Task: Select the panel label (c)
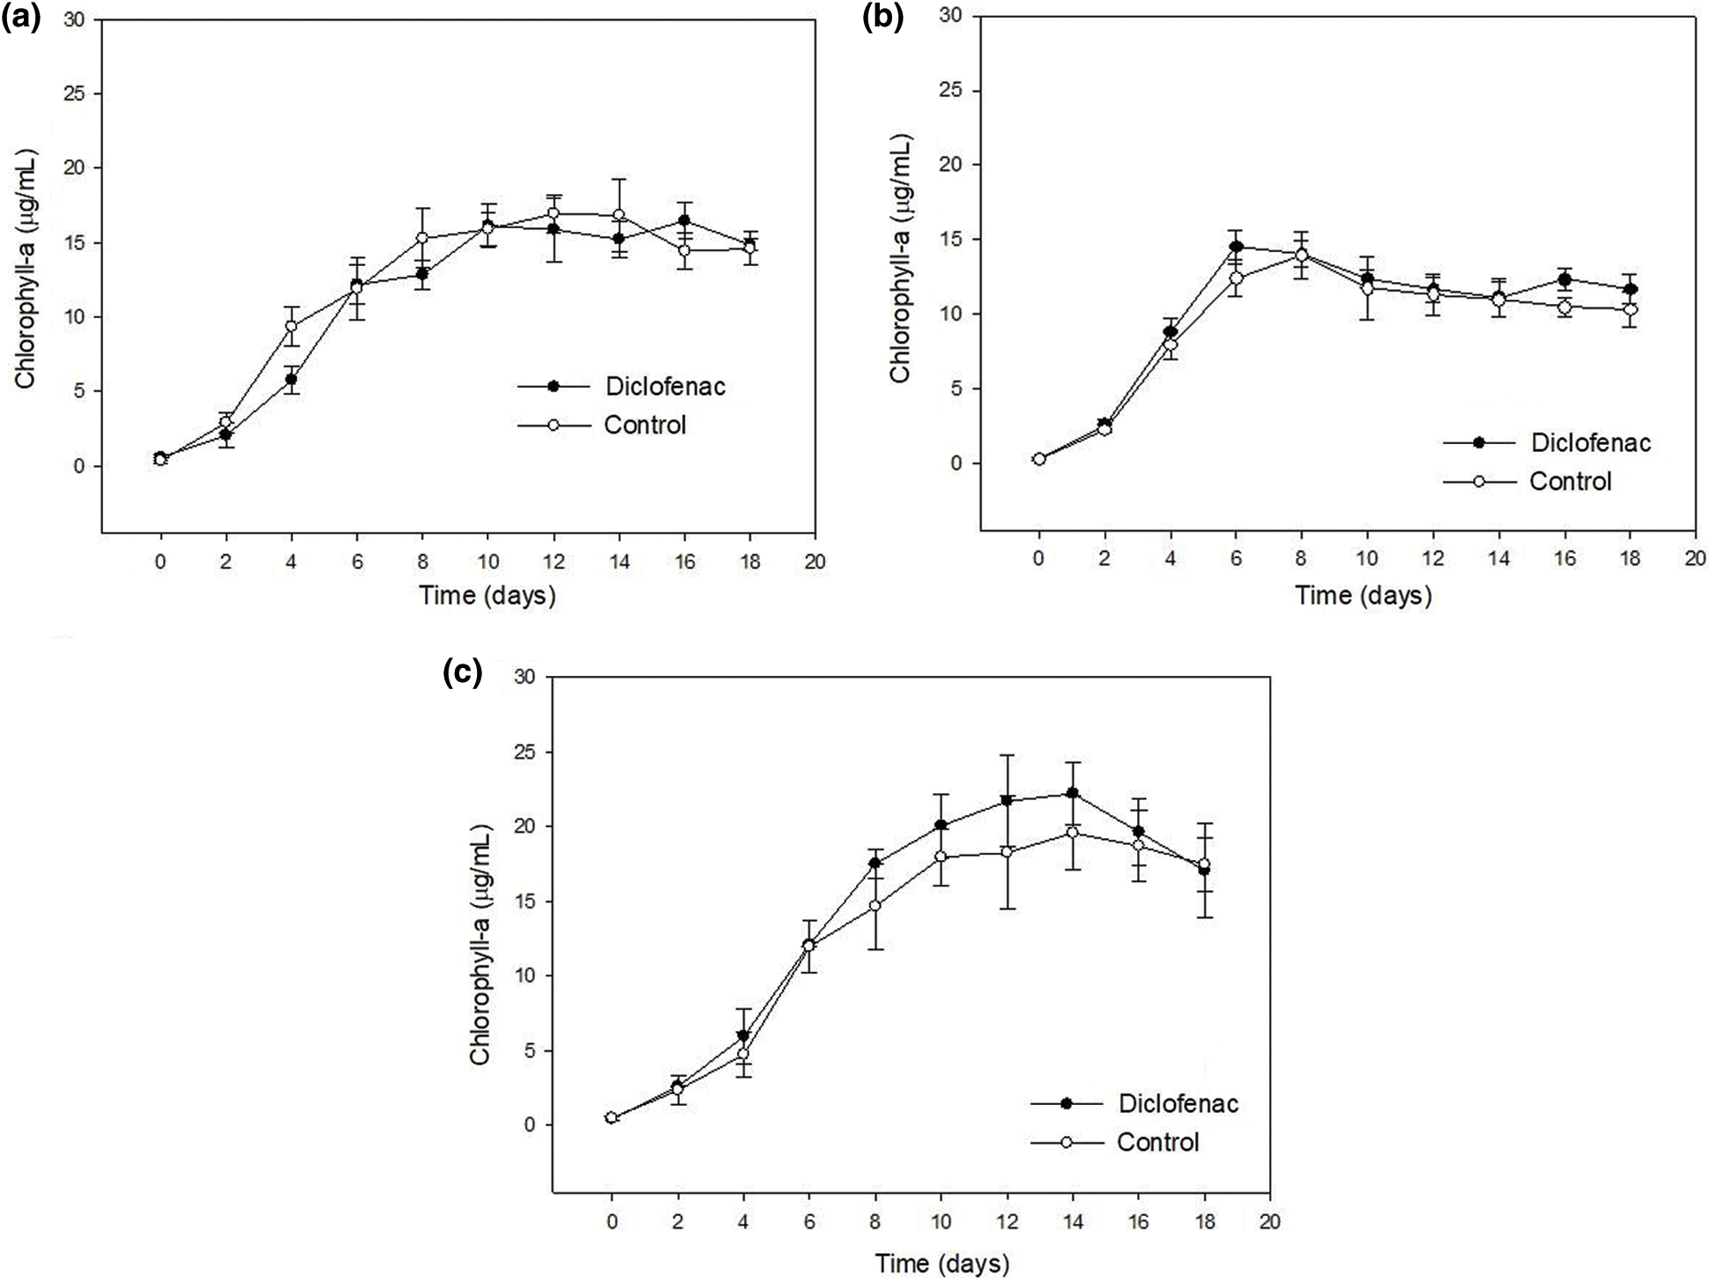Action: click(462, 673)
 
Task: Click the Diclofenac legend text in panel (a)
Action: click(666, 386)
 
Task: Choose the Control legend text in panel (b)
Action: click(1571, 481)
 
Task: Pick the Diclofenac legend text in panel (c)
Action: click(1179, 1103)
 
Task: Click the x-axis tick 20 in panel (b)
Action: click(1694, 559)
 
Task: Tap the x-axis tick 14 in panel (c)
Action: click(1072, 1222)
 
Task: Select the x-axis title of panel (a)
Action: click(487, 596)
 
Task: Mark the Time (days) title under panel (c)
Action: click(941, 1264)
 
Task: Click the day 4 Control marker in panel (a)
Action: click(291, 326)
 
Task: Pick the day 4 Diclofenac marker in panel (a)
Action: click(291, 380)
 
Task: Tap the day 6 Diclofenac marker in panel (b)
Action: click(1236, 247)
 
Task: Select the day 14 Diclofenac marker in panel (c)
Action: click(1072, 793)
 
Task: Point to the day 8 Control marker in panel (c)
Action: click(875, 905)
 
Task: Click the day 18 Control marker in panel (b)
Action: click(1630, 309)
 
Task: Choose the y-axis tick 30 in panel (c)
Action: click(527, 677)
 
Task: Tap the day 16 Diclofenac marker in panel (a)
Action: click(684, 220)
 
